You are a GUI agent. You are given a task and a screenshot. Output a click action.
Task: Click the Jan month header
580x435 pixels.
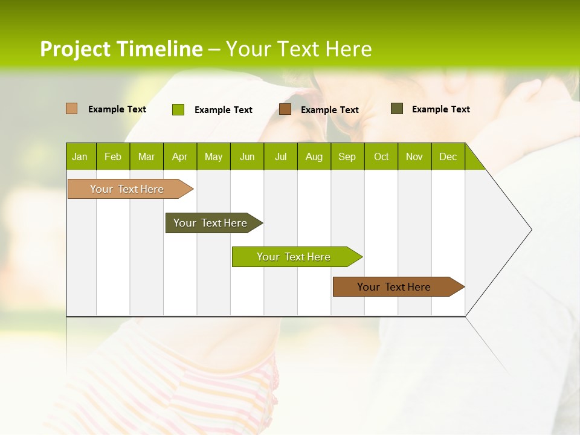click(80, 156)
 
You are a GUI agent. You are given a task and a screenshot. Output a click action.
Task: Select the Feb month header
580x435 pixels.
click(113, 156)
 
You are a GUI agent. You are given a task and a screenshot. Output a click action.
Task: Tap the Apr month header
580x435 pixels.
click(179, 156)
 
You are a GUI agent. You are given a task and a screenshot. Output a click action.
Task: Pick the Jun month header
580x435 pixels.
click(247, 156)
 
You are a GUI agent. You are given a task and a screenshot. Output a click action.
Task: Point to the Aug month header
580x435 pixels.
click(314, 156)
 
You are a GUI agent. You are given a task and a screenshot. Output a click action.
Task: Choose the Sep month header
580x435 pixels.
click(347, 156)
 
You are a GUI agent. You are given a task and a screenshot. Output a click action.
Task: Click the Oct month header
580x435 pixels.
click(381, 156)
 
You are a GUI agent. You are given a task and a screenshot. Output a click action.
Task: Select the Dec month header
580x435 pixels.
click(448, 156)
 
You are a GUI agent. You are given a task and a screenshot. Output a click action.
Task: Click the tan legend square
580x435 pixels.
click(71, 109)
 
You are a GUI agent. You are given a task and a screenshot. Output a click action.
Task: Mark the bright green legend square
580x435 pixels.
click(178, 109)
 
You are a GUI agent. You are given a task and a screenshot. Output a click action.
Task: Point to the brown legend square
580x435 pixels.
click(285, 109)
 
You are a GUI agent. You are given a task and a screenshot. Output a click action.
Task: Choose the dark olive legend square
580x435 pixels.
click(396, 109)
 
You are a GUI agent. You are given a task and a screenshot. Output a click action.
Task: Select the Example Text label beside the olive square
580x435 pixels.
click(440, 109)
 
